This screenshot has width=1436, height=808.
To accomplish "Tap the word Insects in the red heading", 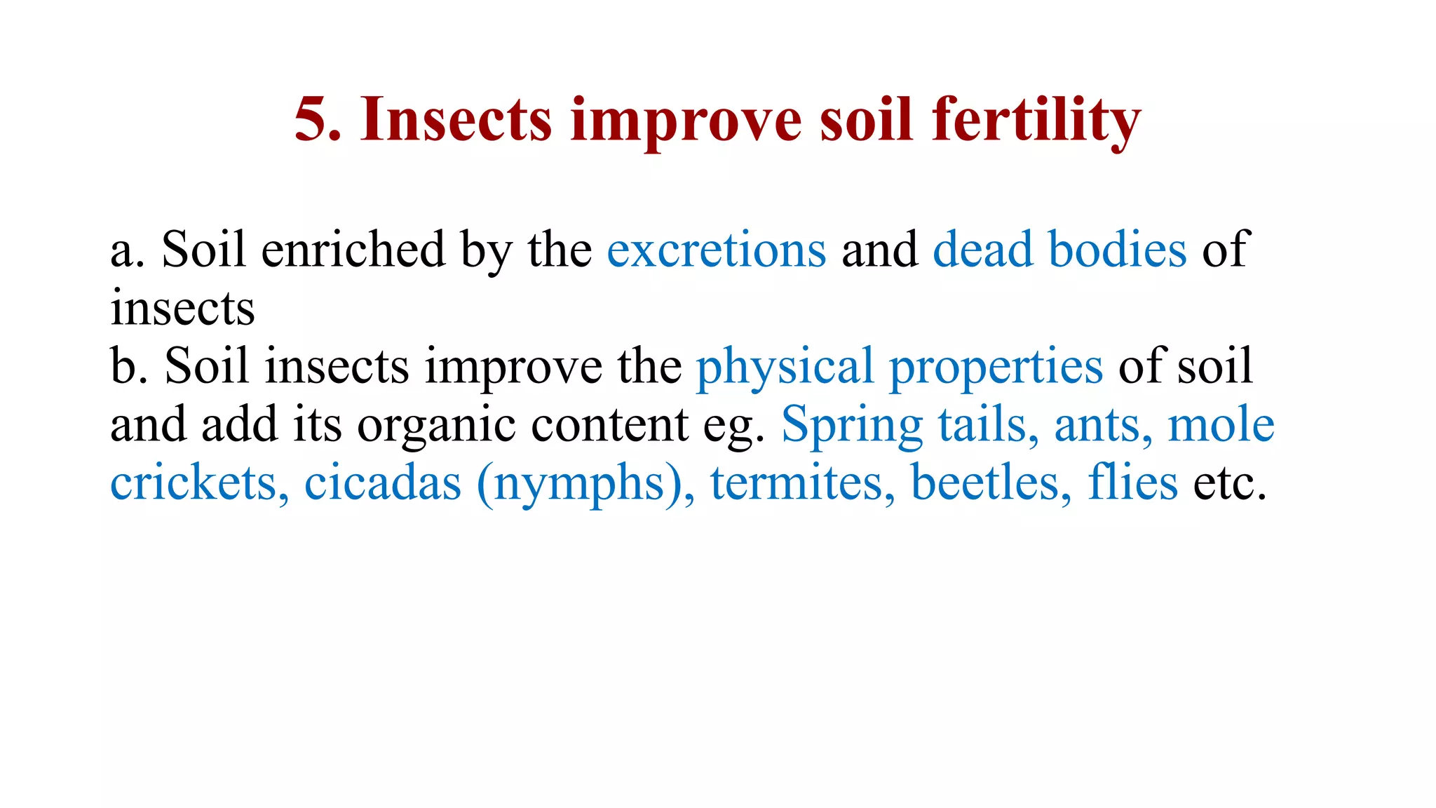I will [456, 120].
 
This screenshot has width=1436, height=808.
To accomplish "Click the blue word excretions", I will [717, 250].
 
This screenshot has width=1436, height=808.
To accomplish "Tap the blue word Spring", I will [852, 426].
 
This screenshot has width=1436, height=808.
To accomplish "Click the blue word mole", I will [1221, 425].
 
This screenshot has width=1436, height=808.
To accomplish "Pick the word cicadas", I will [383, 483].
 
